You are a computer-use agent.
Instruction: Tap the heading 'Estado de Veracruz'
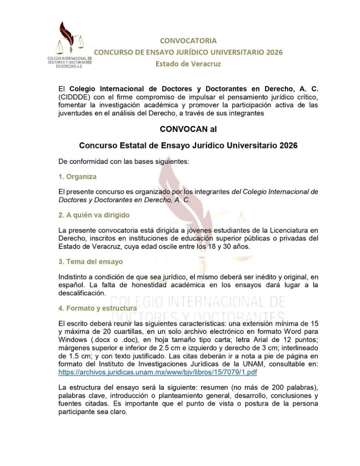[x=188, y=64]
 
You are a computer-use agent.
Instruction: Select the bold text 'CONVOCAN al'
[x=188, y=129]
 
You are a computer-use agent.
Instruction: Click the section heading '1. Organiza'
[x=77, y=176]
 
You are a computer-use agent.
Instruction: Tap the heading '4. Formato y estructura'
[x=97, y=308]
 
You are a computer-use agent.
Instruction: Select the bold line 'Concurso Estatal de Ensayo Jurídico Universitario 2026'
[x=188, y=146]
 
